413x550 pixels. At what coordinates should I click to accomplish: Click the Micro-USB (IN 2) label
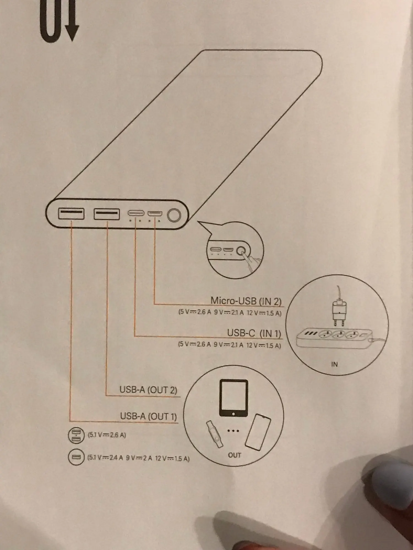pyautogui.click(x=246, y=301)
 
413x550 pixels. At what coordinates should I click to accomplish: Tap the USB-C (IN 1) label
pyautogui.click(x=254, y=333)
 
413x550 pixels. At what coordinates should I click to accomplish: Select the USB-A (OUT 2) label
pyautogui.click(x=148, y=390)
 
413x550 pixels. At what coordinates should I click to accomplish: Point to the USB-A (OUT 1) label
pyautogui.click(x=148, y=416)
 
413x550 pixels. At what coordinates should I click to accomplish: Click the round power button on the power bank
pyautogui.click(x=174, y=215)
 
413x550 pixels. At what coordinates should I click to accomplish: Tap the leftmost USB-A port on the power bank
pyautogui.click(x=71, y=214)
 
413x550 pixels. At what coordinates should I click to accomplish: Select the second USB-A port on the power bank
pyautogui.click(x=107, y=214)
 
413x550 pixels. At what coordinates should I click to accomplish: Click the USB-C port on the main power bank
pyautogui.click(x=136, y=213)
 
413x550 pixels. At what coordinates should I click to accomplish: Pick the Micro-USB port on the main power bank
pyautogui.click(x=155, y=213)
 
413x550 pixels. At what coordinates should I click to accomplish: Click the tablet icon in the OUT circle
pyautogui.click(x=233, y=398)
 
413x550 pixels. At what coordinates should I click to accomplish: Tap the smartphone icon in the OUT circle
pyautogui.click(x=258, y=432)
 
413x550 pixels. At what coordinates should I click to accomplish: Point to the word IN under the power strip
pyautogui.click(x=334, y=364)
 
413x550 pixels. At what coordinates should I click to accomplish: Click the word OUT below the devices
pyautogui.click(x=234, y=455)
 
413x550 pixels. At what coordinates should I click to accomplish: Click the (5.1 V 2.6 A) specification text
pyautogui.click(x=107, y=435)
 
